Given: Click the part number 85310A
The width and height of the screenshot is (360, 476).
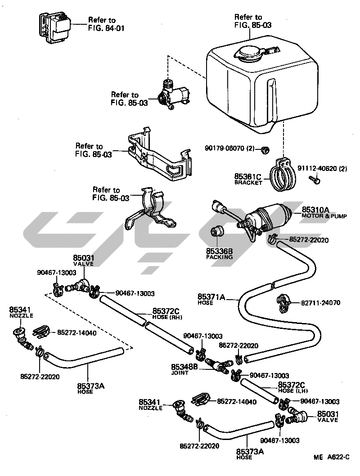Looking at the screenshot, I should pos(315,210).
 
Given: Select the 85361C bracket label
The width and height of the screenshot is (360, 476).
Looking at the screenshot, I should pos(247,176).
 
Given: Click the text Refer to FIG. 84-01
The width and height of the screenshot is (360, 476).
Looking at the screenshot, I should pos(106,24).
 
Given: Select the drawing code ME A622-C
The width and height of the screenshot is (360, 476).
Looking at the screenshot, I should pos(332,457).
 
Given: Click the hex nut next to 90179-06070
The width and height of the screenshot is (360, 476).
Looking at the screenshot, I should pos(265,149).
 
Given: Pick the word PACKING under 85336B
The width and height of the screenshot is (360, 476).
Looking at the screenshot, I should pos(220,257).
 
